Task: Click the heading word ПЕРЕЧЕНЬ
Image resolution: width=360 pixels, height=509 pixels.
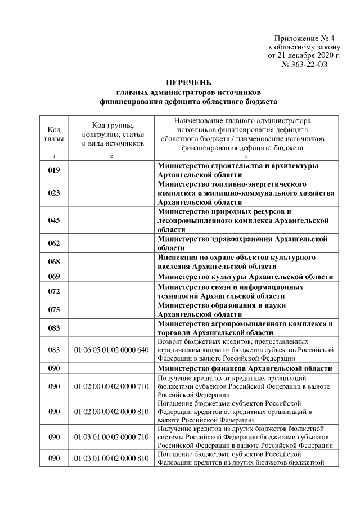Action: click(188, 83)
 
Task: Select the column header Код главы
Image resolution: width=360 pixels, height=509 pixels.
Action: click(54, 134)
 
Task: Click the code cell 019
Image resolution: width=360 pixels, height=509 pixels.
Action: click(54, 170)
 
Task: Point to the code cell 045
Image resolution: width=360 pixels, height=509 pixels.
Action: click(54, 220)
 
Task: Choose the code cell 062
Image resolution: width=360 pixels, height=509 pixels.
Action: click(54, 243)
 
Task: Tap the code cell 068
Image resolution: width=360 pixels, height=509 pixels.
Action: click(54, 262)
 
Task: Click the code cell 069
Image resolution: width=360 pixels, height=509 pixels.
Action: click(54, 276)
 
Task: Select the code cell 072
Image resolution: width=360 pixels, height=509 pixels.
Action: click(54, 291)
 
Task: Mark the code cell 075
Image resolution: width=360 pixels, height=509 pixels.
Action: click(54, 309)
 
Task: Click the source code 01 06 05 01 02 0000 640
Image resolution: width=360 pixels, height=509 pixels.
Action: click(111, 350)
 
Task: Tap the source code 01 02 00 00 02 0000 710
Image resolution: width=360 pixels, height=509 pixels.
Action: click(111, 387)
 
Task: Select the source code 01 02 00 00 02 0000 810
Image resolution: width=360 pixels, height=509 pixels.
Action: click(111, 412)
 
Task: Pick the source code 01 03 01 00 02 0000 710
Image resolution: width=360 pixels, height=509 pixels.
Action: click(111, 436)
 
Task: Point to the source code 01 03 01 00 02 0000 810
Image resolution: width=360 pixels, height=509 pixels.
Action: click(111, 458)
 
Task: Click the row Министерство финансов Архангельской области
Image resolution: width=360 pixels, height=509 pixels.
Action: click(245, 368)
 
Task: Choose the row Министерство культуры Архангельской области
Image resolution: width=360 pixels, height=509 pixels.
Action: click(245, 276)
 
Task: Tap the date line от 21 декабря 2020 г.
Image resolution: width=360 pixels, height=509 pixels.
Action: click(304, 56)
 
